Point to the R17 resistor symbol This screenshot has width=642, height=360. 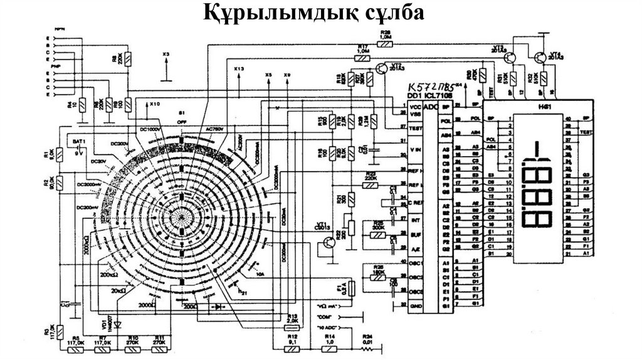(362, 58)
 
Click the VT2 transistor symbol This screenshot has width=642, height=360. (382, 67)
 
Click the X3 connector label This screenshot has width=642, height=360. (166, 55)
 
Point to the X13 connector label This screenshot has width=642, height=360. (239, 68)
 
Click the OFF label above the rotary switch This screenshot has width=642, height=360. (183, 122)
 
